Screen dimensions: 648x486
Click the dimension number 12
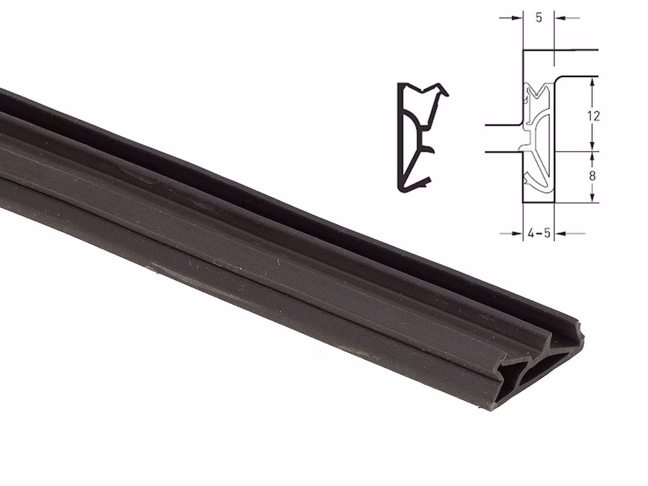[593, 116]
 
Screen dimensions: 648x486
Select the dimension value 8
[592, 176]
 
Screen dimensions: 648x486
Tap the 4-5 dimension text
[539, 234]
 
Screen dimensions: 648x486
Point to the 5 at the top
[538, 18]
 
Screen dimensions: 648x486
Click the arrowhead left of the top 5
[518, 18]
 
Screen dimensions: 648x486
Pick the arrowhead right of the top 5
[560, 18]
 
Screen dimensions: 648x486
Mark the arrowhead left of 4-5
[518, 234]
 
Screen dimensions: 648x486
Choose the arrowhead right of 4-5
[560, 234]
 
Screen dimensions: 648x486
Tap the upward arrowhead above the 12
[593, 83]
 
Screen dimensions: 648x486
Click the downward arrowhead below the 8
[593, 197]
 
